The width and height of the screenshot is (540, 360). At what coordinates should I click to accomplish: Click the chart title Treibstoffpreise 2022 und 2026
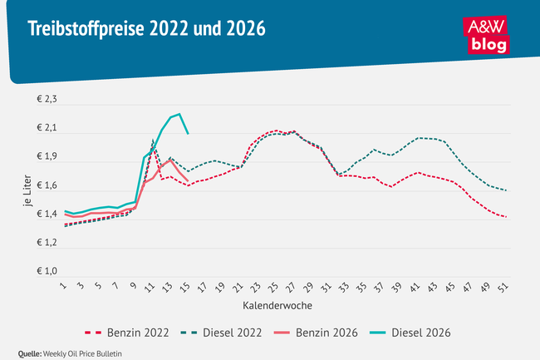click(146, 31)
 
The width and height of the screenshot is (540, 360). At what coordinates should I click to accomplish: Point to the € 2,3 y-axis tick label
click(46, 100)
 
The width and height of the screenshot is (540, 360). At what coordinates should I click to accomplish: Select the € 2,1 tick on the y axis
click(46, 128)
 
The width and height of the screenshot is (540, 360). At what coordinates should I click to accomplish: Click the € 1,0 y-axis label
click(46, 272)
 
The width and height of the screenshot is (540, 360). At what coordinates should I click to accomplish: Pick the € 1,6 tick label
click(46, 185)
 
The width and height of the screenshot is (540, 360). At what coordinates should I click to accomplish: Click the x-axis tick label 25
click(275, 287)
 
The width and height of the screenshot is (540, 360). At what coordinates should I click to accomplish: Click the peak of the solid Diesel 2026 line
click(179, 114)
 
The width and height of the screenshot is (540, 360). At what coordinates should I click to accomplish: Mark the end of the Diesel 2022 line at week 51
click(506, 190)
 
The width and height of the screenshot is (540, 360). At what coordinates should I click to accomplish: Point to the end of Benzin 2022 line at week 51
click(506, 217)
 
